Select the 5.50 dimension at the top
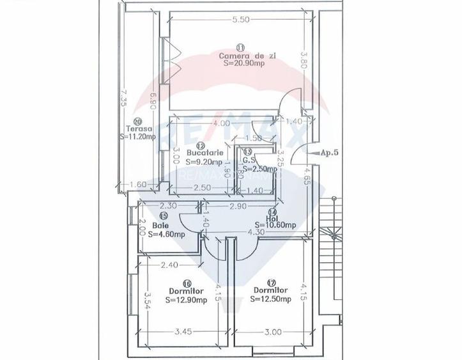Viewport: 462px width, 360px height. click(x=240, y=20)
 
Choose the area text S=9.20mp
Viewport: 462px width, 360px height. click(x=204, y=162)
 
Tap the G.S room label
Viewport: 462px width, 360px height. click(x=249, y=161)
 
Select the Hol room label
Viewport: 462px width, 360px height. click(x=273, y=217)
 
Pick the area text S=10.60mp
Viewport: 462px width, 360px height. click(x=275, y=225)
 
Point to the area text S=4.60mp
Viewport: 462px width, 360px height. click(x=166, y=235)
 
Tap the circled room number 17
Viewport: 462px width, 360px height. click(x=272, y=282)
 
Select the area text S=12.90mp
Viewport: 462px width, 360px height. click(x=186, y=300)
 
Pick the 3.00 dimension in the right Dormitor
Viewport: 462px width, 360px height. click(x=273, y=333)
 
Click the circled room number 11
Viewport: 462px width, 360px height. click(x=240, y=47)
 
